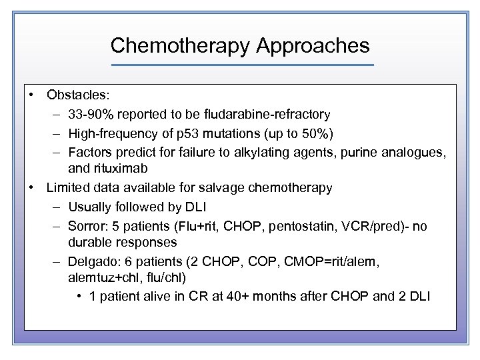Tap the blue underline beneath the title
point(242,65)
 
